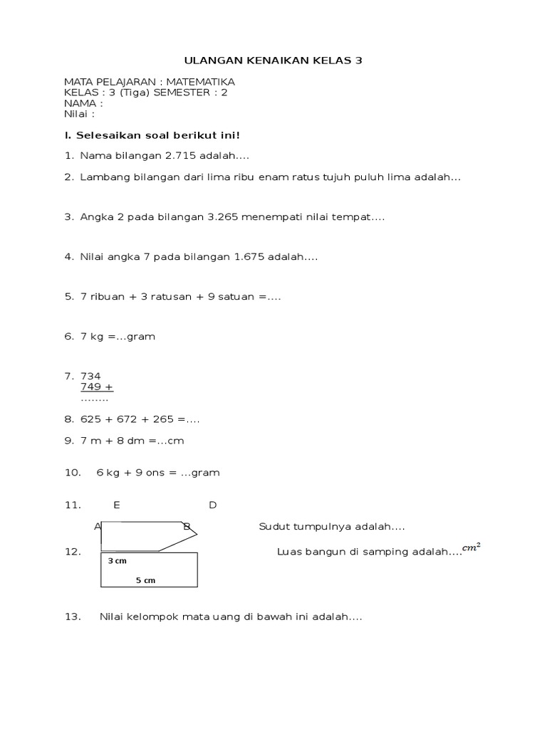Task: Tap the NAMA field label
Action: (x=80, y=103)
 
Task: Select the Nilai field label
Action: (x=77, y=114)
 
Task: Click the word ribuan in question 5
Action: (x=107, y=296)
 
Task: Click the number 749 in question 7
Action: (x=92, y=387)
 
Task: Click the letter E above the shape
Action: (x=117, y=505)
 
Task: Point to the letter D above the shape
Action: (x=212, y=505)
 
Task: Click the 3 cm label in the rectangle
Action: (x=117, y=561)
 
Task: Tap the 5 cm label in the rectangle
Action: (x=145, y=580)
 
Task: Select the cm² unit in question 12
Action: (x=471, y=547)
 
